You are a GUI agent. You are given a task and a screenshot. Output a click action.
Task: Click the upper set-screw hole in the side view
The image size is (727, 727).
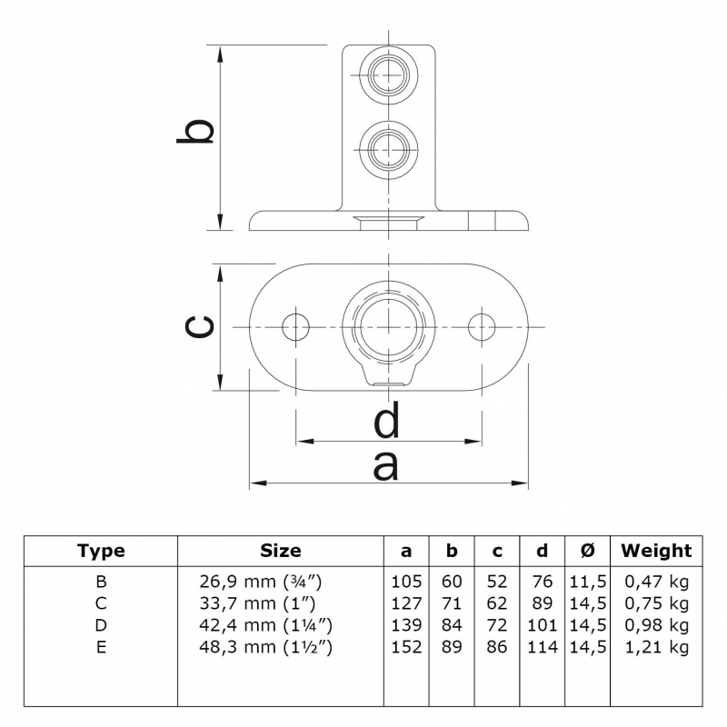pyautogui.click(x=388, y=75)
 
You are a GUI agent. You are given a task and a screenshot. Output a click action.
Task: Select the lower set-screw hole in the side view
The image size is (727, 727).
pyautogui.click(x=388, y=145)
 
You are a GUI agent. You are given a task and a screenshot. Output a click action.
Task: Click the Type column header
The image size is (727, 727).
pyautogui.click(x=101, y=551)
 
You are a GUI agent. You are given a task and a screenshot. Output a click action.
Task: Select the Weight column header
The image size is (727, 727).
pyautogui.click(x=655, y=551)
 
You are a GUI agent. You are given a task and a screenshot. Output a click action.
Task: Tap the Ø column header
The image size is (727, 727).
pyautogui.click(x=587, y=551)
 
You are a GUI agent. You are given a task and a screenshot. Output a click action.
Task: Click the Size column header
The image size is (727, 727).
pyautogui.click(x=280, y=551)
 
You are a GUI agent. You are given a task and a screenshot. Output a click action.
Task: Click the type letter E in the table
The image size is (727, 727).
pyautogui.click(x=101, y=647)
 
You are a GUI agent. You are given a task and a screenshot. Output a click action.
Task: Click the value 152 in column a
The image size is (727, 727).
pyautogui.click(x=406, y=647)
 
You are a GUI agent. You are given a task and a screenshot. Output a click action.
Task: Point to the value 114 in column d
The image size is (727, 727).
pyautogui.click(x=542, y=647)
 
